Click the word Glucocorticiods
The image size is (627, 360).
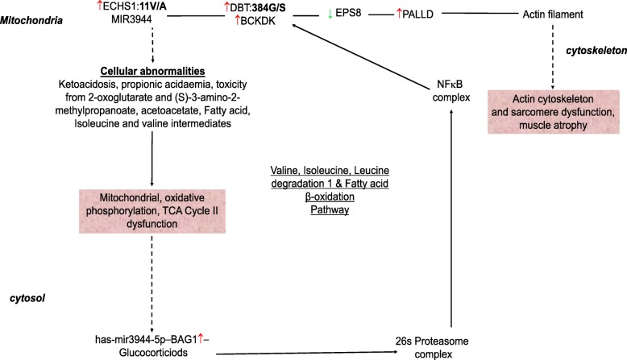coord(144,352)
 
